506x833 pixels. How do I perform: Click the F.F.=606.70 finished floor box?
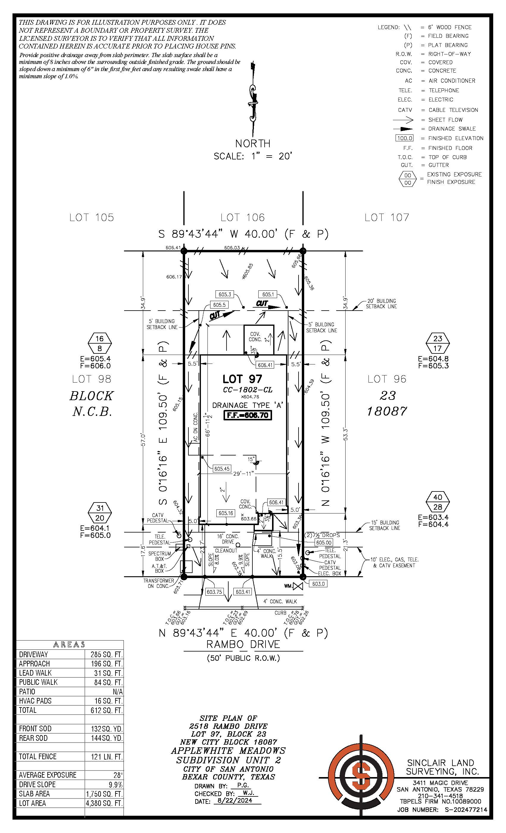pos(248,415)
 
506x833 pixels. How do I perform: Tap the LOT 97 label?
pos(242,379)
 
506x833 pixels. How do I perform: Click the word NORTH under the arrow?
pos(253,143)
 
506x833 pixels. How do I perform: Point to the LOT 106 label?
pos(243,217)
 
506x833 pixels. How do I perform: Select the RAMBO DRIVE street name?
pos(243,644)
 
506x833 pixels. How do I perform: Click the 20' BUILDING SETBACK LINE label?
pos(381,303)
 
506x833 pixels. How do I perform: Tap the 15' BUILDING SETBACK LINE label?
pos(384,525)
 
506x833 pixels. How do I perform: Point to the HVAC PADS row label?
pos(35,701)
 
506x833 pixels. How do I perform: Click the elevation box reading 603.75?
pos(214,592)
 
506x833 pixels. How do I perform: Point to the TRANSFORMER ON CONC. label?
pos(158,583)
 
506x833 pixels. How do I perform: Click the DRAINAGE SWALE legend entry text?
pos(452,129)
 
